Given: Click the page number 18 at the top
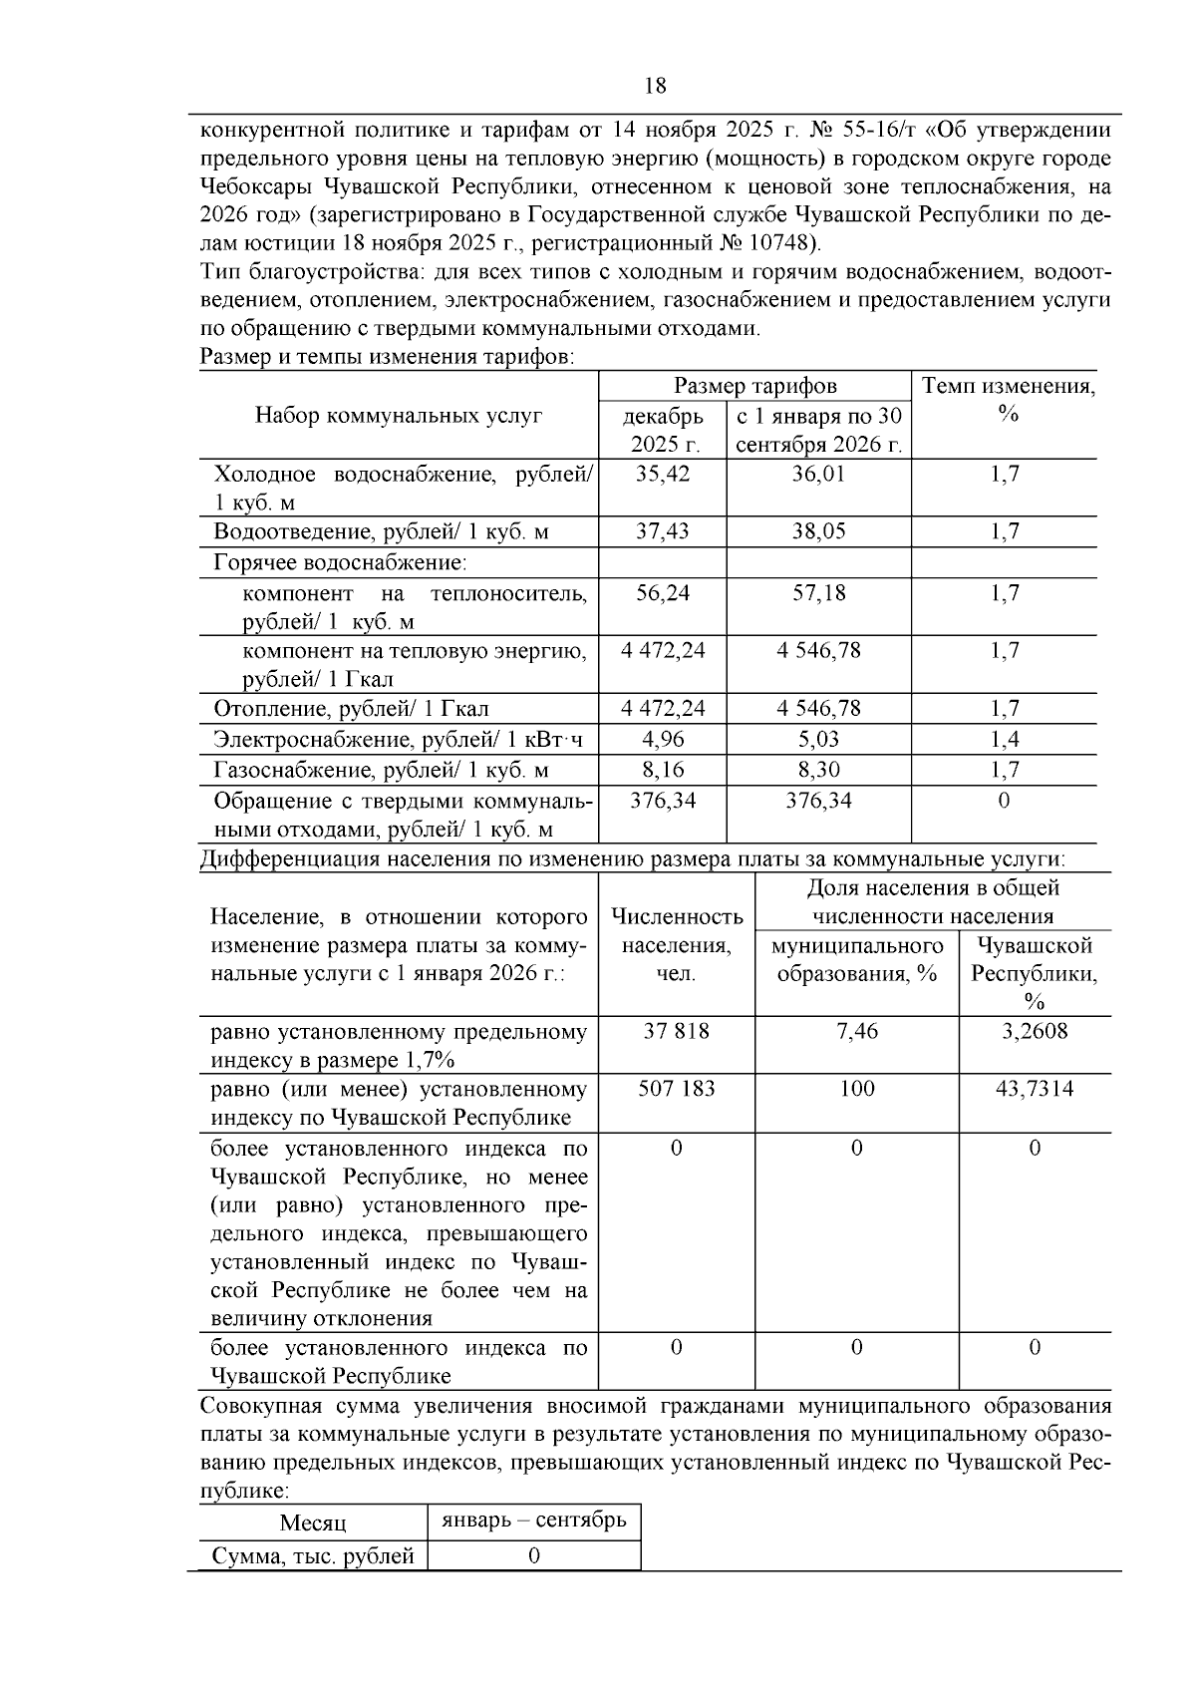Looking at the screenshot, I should pos(656,86).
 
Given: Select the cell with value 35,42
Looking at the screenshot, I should pos(663,474).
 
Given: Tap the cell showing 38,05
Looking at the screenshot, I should pos(818,531).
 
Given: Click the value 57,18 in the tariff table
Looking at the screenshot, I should pos(818,593).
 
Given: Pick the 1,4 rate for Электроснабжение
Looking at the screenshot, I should pos(1005,739).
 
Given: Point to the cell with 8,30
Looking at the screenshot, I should pos(818,770).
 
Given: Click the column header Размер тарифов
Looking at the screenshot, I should pos(754,386).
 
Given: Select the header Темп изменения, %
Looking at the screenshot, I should pos(1008,399).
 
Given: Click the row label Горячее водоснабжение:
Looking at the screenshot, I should pos(340,562).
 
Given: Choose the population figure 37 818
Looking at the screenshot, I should pos(676,1031).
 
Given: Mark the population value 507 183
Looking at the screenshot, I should pos(676,1089).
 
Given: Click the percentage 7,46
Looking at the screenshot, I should pos(857,1031).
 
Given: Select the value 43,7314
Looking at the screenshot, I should pos(1035,1089).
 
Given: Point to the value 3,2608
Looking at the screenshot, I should pos(1035,1031).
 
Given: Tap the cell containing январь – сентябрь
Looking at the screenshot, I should pos(534,1520).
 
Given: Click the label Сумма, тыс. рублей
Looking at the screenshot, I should pos(313,1555).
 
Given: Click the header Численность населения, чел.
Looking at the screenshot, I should pos(676,944).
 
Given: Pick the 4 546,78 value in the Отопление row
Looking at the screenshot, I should pos(818,709).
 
